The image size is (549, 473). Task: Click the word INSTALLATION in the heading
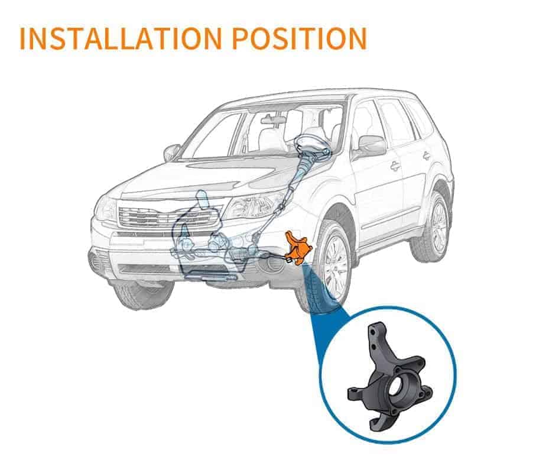tap(121, 38)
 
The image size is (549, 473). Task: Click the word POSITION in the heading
tap(300, 38)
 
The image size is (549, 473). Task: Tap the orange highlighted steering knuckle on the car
tap(296, 247)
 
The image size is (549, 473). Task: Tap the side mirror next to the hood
tap(171, 152)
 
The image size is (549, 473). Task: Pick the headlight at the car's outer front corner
tap(106, 209)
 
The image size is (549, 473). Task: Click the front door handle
tap(395, 166)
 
